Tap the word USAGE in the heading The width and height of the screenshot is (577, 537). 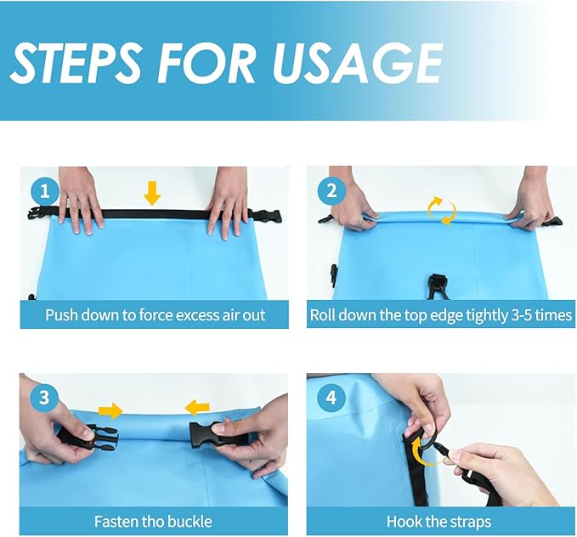(357, 64)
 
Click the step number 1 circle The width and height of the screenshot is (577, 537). (45, 191)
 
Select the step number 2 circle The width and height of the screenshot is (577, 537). (331, 191)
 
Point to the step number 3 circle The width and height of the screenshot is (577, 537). (44, 398)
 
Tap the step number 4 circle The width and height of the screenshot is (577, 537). (331, 398)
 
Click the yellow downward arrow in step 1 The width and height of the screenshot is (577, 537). (152, 193)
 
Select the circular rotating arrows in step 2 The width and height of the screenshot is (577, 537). (442, 211)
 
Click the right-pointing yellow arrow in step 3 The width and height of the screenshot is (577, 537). (110, 410)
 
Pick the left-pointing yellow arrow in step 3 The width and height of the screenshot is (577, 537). (197, 408)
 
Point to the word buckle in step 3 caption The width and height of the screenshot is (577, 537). (190, 522)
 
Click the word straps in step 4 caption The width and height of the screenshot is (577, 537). (472, 522)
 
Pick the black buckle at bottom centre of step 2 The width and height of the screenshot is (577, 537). (438, 286)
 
